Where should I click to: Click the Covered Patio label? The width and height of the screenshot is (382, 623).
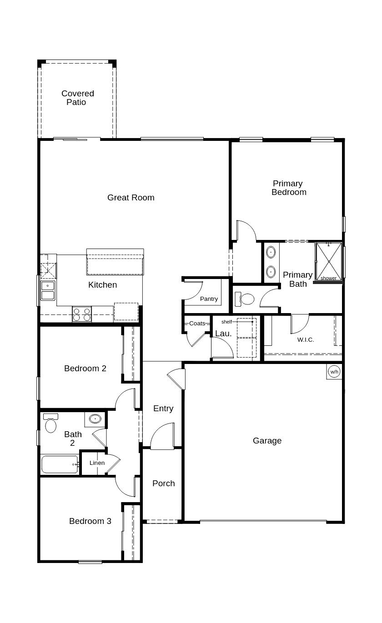pos(78,98)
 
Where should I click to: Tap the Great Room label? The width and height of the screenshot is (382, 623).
pos(131,198)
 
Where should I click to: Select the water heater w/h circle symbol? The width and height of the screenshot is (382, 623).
pos(334,372)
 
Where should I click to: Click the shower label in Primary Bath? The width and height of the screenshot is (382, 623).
pos(328,278)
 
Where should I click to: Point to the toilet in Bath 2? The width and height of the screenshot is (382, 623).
pos(50,424)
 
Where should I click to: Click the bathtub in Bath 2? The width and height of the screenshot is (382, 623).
pos(59,464)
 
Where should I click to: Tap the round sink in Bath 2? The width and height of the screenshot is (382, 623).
pos(95,419)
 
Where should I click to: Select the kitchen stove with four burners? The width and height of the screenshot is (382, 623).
pos(82,314)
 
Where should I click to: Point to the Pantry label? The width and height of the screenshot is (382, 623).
pos(209,299)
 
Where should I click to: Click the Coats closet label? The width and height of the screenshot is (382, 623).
pos(197,324)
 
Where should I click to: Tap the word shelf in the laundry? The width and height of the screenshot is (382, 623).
pos(226,322)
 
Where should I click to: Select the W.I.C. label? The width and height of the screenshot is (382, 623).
pos(306,339)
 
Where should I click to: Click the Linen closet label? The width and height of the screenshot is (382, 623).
pos(97,463)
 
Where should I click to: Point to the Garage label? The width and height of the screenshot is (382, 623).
pos(267,441)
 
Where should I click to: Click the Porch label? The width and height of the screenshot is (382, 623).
pos(164,483)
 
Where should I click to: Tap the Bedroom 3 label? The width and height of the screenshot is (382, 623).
pos(90,521)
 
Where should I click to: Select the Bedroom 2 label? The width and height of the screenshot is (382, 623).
pos(85,369)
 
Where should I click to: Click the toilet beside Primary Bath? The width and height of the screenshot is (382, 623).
pos(246,299)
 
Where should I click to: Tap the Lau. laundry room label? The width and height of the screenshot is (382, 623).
pos(223,334)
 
